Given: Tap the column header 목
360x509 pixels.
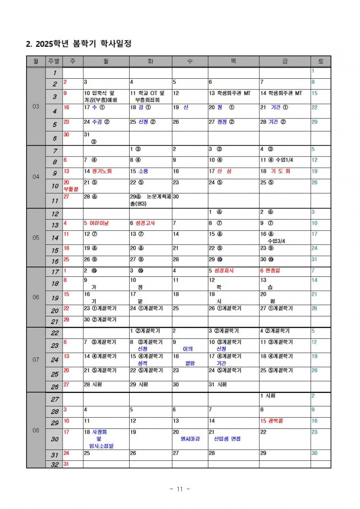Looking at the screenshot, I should coord(233,61).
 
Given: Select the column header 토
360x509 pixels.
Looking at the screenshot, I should coord(320,61).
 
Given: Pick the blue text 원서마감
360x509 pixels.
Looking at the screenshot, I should coord(190,438).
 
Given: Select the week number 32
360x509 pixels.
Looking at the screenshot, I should coord(54,464).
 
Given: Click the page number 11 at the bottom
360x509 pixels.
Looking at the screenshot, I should coord(180,489).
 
